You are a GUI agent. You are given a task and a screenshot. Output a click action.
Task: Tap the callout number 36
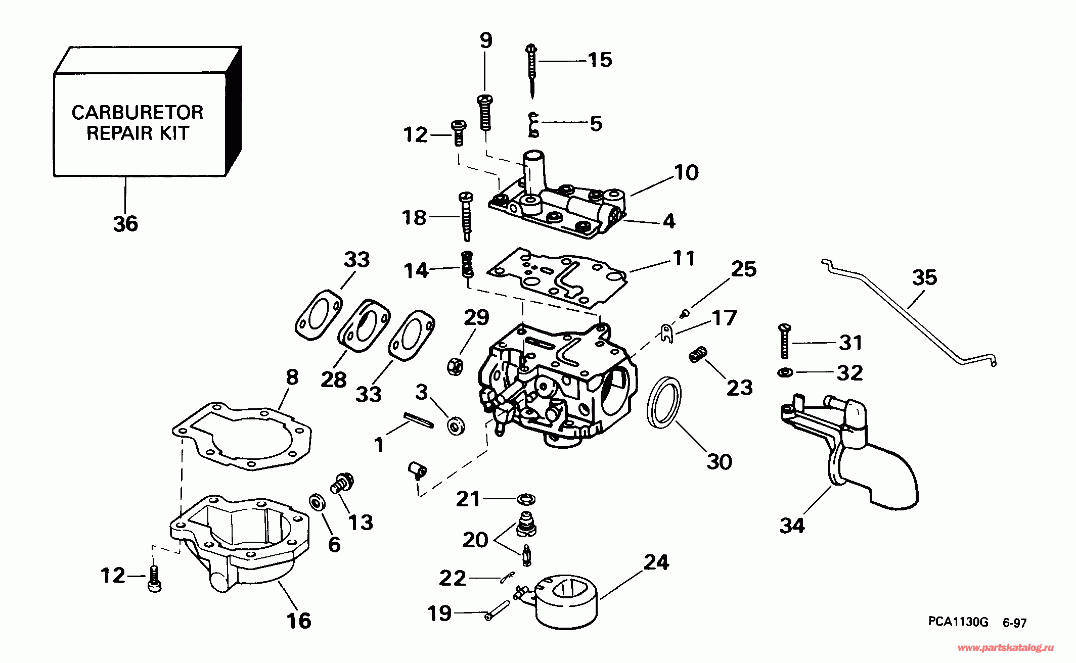[125, 223]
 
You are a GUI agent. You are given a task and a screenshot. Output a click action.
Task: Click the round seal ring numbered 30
[664, 402]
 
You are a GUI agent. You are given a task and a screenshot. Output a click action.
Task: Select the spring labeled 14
[468, 264]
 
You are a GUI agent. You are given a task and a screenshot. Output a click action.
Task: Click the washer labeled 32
[784, 373]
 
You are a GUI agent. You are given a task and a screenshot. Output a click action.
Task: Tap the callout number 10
[686, 173]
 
